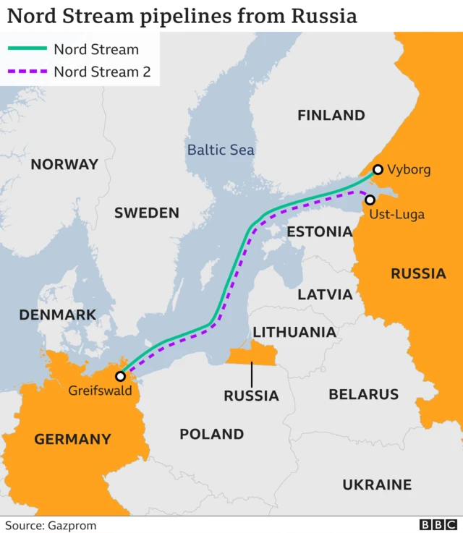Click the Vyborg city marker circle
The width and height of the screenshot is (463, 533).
(x=377, y=171)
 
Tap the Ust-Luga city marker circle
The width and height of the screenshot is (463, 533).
(x=370, y=200)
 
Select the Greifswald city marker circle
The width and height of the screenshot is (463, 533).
(x=120, y=376)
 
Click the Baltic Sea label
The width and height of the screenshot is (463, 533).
(x=221, y=150)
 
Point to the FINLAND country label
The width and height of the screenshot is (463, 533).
(x=331, y=115)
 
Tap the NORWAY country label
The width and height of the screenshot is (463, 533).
(x=64, y=164)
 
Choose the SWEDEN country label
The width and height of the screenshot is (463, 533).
(x=147, y=213)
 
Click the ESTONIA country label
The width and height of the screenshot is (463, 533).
(x=319, y=232)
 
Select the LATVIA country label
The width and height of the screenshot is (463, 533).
(x=326, y=294)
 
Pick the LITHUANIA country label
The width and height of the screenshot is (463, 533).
(x=294, y=332)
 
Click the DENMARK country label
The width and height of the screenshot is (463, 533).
(x=57, y=315)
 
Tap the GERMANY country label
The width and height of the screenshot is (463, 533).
(x=72, y=439)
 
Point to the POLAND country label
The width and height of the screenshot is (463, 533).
(x=211, y=434)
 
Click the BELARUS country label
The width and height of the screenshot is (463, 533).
(x=363, y=394)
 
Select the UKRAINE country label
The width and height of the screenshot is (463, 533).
(x=376, y=485)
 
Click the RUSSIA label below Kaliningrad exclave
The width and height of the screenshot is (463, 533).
(x=251, y=396)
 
